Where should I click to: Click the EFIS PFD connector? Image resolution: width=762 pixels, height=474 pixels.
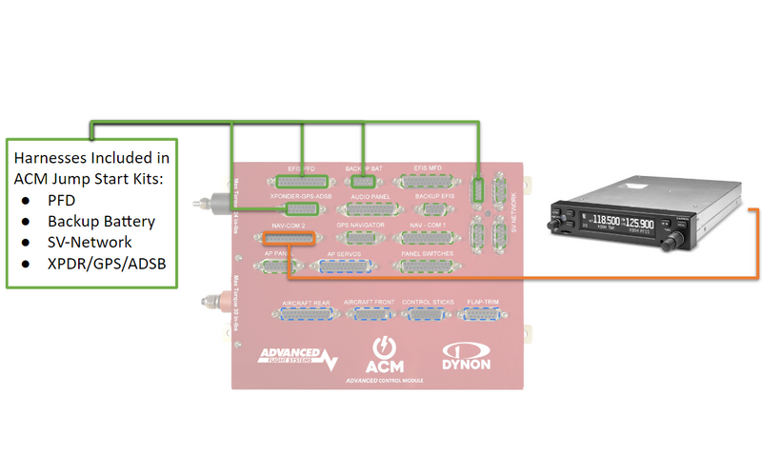303,179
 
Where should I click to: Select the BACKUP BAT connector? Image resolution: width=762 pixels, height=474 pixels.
362,179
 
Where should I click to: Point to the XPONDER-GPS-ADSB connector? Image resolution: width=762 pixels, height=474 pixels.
302,207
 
